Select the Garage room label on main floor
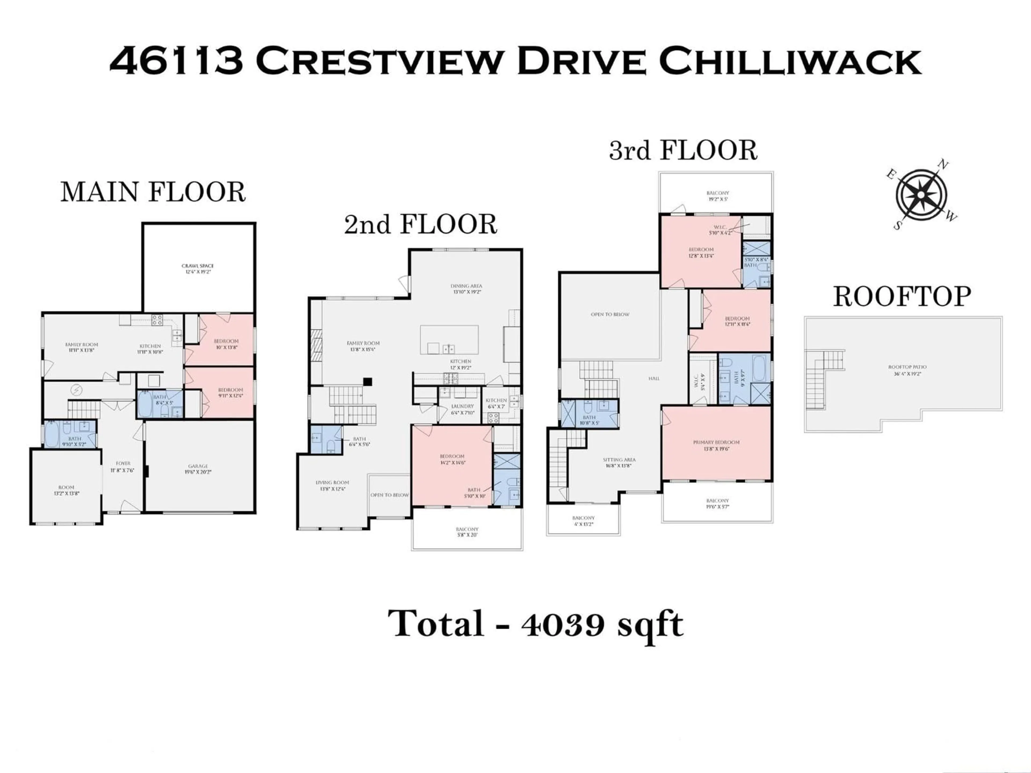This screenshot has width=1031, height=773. click(198, 469)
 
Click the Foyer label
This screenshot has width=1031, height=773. click(123, 466)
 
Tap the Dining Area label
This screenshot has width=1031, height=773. click(466, 289)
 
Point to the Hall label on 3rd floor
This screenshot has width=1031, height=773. click(654, 379)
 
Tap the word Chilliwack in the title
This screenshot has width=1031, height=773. click(790, 61)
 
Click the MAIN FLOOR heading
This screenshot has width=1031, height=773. click(153, 192)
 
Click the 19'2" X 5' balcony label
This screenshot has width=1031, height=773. click(717, 196)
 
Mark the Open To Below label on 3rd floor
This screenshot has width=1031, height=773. click(610, 315)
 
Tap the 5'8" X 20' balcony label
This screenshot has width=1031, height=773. click(467, 532)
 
